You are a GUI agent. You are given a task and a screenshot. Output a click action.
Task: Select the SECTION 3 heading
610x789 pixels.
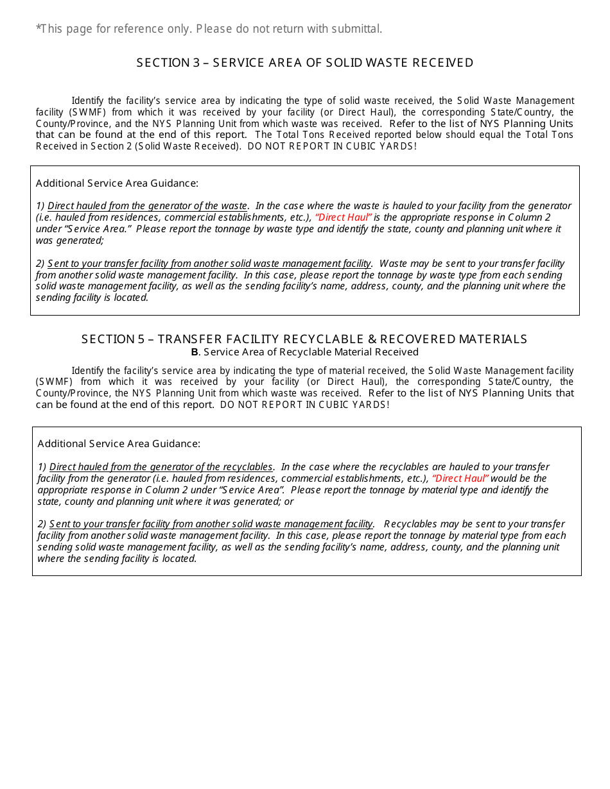(x=305, y=63)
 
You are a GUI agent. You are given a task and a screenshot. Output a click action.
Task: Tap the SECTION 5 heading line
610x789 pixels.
(x=304, y=339)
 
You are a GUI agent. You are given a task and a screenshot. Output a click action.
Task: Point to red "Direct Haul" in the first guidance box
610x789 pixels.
(x=344, y=217)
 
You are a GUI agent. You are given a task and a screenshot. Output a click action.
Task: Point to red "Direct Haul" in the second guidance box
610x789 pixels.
(x=460, y=479)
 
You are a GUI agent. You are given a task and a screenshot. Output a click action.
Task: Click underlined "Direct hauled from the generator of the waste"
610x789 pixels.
(x=147, y=206)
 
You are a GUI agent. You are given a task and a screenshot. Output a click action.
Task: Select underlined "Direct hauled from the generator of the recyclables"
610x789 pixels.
(x=161, y=467)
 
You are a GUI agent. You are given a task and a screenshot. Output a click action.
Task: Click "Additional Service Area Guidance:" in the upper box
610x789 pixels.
(x=117, y=183)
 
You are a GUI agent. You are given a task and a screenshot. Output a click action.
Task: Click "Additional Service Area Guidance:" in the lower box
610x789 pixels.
(x=119, y=444)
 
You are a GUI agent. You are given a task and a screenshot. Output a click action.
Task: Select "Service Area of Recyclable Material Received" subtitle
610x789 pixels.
(x=311, y=352)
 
